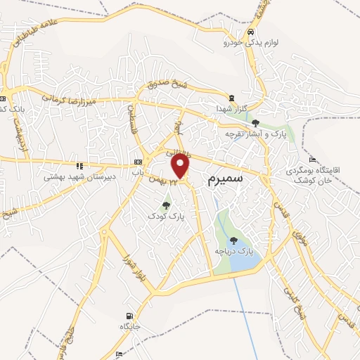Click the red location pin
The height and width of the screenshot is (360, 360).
coord(181,166)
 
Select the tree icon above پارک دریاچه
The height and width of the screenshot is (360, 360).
coord(233,240)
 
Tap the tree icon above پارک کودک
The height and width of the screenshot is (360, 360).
coord(166,205)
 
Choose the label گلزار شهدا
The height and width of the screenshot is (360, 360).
coord(231,108)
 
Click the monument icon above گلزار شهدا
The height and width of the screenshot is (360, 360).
coord(231,98)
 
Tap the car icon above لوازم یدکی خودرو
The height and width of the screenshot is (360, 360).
coord(250,32)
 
